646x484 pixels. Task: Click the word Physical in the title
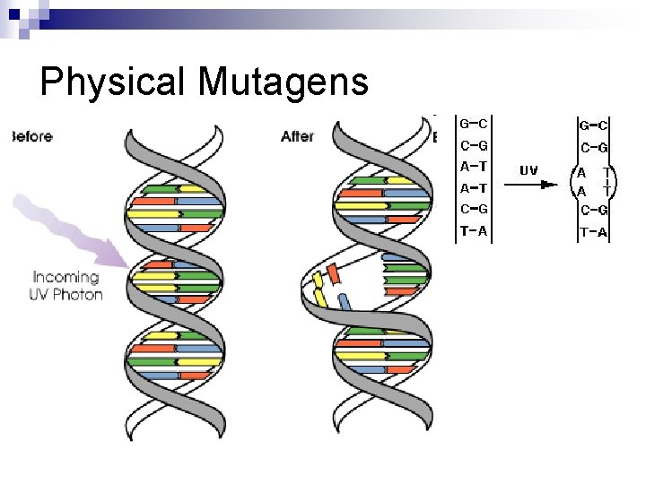[113, 82]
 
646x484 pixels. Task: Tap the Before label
[31, 137]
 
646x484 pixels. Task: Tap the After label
[297, 136]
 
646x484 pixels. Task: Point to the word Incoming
[66, 277]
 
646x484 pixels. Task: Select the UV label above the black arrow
[528, 169]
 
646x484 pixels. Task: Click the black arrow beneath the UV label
[530, 186]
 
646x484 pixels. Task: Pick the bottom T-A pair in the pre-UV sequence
[474, 231]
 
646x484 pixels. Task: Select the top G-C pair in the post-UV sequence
[593, 125]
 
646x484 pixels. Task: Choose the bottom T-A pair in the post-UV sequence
[593, 233]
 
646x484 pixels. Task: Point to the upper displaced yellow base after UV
[318, 283]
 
